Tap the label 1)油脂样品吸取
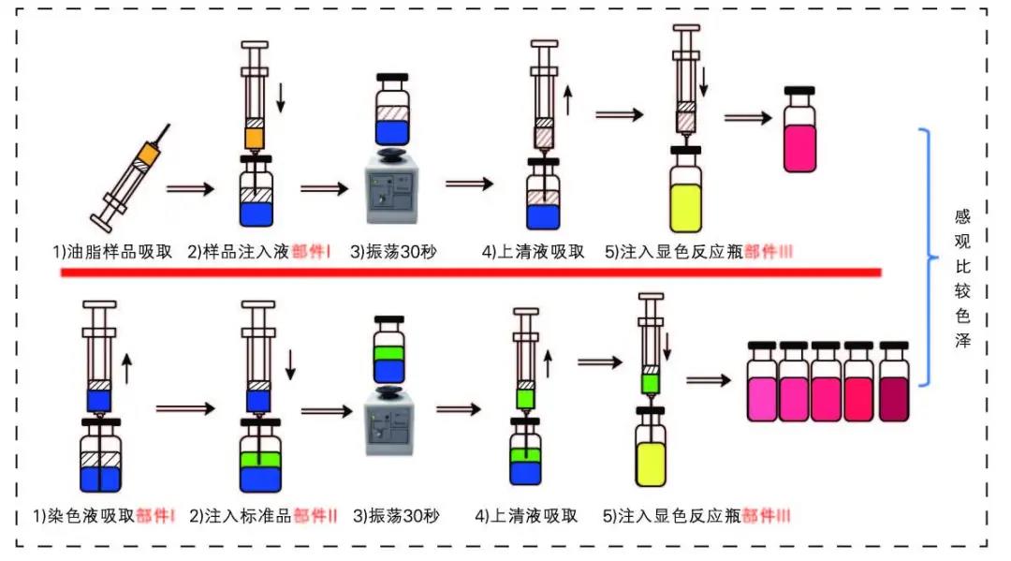point(112,251)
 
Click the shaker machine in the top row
point(391,192)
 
